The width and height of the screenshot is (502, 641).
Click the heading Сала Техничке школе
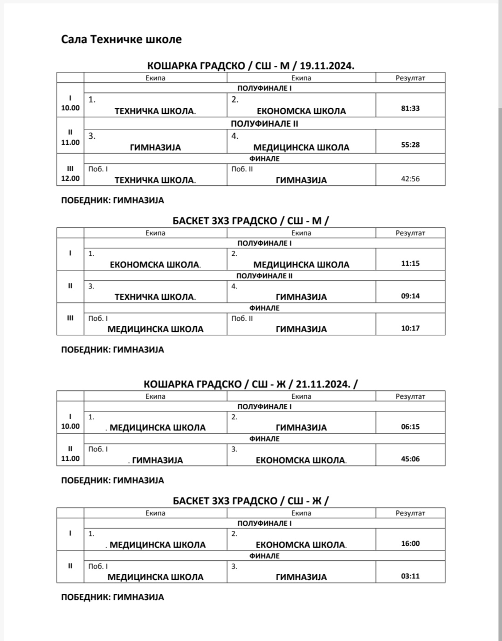coord(121,39)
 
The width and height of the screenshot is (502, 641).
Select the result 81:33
coord(410,108)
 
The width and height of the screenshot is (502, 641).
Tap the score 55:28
coord(410,145)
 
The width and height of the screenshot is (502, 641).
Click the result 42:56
coord(410,179)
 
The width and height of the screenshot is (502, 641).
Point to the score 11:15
coord(410,263)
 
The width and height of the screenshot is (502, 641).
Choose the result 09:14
coord(410,296)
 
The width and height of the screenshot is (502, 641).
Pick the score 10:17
coord(410,328)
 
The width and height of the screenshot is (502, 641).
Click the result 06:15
coord(410,427)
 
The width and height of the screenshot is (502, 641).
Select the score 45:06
coord(410,459)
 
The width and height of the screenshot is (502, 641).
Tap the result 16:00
coord(410,543)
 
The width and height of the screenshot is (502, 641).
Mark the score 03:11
coord(410,576)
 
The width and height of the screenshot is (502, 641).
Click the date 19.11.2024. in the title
coord(327,66)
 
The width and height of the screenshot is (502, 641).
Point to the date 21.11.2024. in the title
coord(323,384)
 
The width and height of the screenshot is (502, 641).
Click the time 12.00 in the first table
coord(70,178)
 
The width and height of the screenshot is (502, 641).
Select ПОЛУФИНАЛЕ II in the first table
coord(264,124)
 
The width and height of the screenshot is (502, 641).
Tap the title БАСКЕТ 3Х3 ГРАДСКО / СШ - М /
coord(250,221)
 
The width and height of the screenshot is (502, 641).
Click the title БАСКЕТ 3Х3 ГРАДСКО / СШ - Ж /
coord(250,501)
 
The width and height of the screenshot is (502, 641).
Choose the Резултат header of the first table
coord(410,78)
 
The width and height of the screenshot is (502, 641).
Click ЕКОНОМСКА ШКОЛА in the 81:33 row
coord(301,111)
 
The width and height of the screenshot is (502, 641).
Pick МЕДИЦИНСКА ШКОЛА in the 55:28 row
coord(301,148)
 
